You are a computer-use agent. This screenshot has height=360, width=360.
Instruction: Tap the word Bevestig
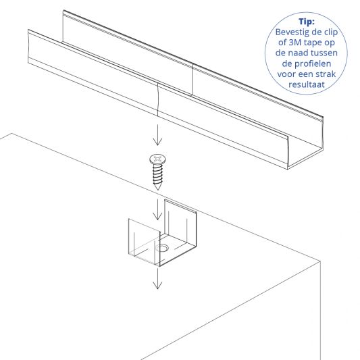[294, 32]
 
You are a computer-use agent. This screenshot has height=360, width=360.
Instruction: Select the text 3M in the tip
[288, 43]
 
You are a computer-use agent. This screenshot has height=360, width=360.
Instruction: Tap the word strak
[331, 76]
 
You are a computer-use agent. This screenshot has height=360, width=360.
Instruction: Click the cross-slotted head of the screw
[157, 159]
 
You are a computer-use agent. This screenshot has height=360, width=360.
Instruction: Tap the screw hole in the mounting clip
[162, 249]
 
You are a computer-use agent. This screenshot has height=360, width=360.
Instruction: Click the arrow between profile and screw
[157, 136]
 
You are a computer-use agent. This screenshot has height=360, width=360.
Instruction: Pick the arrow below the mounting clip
[157, 278]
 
